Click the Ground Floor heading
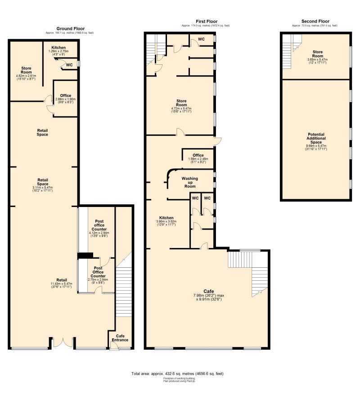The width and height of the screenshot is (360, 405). point(71,28)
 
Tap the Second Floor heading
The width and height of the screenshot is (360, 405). point(315,21)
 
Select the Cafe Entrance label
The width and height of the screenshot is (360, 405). point(121,338)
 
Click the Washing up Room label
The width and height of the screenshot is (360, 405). point(189,182)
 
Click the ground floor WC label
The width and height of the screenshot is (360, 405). point(69,65)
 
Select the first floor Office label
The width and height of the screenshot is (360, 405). point(198,155)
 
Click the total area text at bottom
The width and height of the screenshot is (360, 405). point(177,373)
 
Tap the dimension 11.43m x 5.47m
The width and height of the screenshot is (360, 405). point(61,284)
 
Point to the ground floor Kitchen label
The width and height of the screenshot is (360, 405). point(58,47)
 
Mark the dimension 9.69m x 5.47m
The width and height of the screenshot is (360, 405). point(315,145)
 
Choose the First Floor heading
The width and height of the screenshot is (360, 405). point(206,21)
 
